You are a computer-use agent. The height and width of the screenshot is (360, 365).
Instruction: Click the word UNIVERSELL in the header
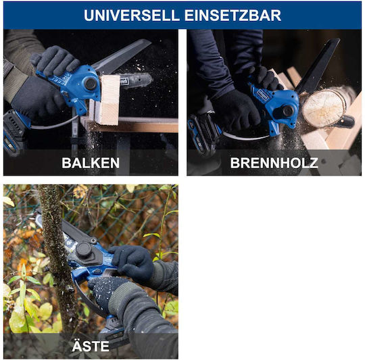(x=132, y=16)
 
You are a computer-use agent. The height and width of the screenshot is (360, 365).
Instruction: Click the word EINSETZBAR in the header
(x=233, y=16)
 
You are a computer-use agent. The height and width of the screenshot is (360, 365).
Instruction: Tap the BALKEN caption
(x=91, y=163)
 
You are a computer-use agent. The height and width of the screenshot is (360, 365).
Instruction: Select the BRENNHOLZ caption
(x=274, y=163)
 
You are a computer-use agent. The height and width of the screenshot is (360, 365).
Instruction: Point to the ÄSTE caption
(x=91, y=346)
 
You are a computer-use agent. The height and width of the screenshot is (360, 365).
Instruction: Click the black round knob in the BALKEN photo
(x=91, y=84)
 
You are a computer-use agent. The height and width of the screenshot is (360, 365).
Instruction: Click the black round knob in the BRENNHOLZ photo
(x=288, y=111)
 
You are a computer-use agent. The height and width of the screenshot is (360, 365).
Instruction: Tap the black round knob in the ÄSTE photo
(x=84, y=250)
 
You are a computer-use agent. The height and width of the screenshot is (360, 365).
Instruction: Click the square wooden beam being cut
(x=107, y=100)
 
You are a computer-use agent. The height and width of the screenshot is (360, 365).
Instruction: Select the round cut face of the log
(x=323, y=108)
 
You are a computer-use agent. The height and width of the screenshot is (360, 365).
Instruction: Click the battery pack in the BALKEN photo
(x=14, y=132)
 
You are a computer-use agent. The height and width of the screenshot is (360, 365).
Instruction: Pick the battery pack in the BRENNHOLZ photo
(x=203, y=133)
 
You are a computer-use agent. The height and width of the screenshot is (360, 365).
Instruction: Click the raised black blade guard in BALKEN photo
(x=122, y=55)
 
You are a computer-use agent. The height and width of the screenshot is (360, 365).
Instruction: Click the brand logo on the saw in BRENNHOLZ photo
(x=262, y=94)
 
